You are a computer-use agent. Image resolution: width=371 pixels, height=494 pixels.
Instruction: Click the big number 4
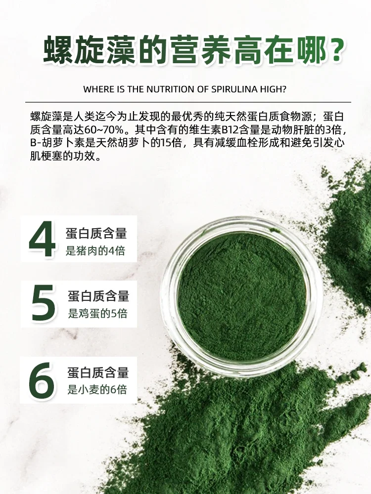click(x=42, y=239)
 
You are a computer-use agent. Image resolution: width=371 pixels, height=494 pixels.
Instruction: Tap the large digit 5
click(x=43, y=303)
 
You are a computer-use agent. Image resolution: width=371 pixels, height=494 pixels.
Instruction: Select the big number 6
click(x=42, y=380)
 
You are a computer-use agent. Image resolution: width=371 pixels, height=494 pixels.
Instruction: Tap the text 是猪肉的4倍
click(x=95, y=250)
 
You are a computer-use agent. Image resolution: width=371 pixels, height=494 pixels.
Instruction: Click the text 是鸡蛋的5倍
click(x=98, y=313)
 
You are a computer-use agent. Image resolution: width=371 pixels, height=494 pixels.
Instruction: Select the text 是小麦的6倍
click(x=97, y=389)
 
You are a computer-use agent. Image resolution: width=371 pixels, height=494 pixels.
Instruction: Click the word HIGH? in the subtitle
click(x=273, y=89)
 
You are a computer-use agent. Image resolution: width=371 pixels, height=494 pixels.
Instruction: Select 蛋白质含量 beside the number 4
click(x=96, y=233)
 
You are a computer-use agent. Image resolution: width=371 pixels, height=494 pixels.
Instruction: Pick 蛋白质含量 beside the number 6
click(x=98, y=372)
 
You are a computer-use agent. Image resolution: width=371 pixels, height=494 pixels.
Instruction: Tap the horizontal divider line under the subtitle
click(x=188, y=102)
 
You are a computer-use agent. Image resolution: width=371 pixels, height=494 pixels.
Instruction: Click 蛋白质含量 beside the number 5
click(x=99, y=296)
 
